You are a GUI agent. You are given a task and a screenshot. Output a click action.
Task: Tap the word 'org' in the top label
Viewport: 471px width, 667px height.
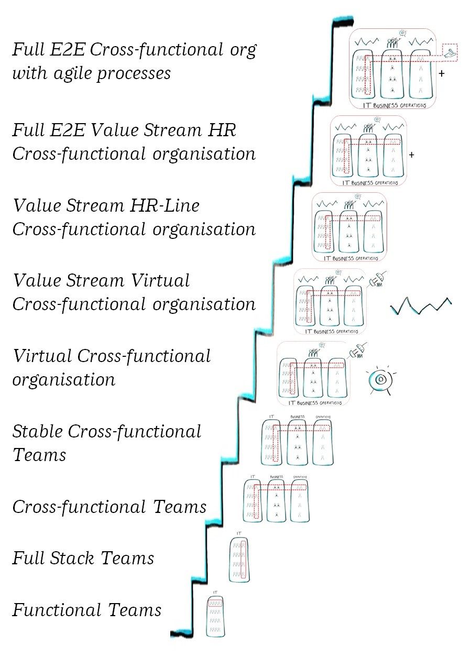242,51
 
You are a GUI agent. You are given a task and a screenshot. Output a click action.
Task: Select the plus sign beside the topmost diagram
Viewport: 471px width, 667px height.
441,74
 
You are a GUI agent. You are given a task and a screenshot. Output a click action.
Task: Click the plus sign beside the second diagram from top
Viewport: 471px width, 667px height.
411,155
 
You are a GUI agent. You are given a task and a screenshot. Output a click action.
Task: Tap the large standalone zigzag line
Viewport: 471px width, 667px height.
421,306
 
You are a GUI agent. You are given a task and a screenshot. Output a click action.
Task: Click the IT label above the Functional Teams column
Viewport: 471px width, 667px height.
215,592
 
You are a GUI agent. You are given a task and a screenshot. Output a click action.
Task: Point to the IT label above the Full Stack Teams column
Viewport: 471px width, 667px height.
239,533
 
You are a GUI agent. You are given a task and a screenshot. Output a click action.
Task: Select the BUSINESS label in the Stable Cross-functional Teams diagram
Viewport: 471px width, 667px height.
297,417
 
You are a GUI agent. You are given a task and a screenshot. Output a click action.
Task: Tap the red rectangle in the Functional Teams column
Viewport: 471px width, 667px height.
215,604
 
